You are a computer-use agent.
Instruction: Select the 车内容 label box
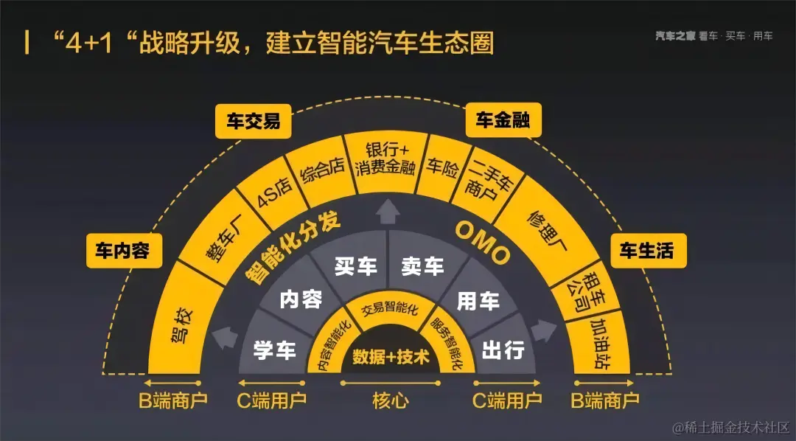tap(122, 251)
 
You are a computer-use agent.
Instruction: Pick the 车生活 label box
tap(646, 251)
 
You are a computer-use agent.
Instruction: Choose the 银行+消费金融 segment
tap(385, 157)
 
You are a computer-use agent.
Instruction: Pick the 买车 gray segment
tap(355, 266)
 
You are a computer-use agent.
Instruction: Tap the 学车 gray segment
tap(274, 349)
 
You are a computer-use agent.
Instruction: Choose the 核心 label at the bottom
tap(391, 400)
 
